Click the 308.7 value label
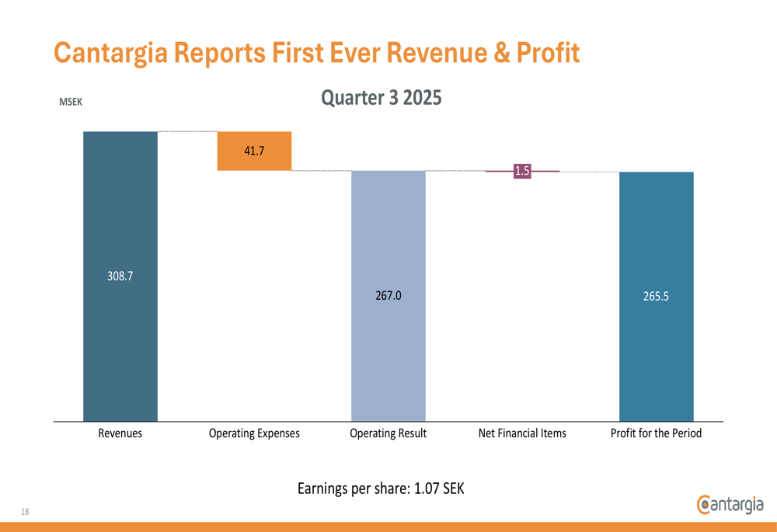pos(120,276)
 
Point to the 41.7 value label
pos(254,151)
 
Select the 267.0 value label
pos(388,295)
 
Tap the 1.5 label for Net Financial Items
pos(522,171)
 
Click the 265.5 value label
pos(656,295)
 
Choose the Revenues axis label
pos(120,433)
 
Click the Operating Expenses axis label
pos(254,433)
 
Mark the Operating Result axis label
pos(388,433)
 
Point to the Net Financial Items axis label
pos(522,433)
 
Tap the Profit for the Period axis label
pos(656,433)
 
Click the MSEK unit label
pos(71,102)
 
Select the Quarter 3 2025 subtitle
pos(382,98)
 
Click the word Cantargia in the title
pos(111,53)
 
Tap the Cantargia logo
pos(730,504)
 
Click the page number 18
pos(25,511)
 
